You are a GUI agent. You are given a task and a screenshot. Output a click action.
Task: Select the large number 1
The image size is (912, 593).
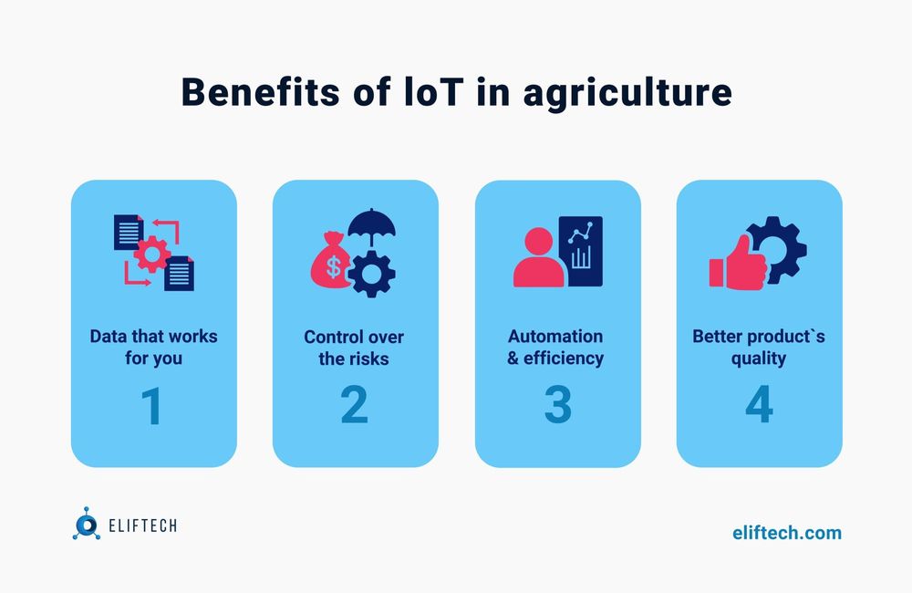click(152, 406)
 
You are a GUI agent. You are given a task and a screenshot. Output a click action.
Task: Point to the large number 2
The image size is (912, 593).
click(354, 406)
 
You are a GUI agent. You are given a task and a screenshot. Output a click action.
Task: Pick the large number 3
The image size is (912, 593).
click(556, 406)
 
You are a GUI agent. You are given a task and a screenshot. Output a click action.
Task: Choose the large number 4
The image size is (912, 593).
click(759, 406)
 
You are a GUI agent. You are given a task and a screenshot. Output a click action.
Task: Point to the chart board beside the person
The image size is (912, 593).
click(580, 252)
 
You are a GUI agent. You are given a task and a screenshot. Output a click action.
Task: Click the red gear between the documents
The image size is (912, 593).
click(151, 253)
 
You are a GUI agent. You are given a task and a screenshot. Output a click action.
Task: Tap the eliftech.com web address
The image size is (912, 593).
click(787, 532)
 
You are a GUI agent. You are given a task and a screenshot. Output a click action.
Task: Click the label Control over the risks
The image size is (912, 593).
click(354, 348)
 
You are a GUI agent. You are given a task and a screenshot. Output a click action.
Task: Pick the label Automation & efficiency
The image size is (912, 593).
click(556, 348)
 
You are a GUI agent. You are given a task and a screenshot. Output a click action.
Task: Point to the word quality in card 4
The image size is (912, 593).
click(759, 359)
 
